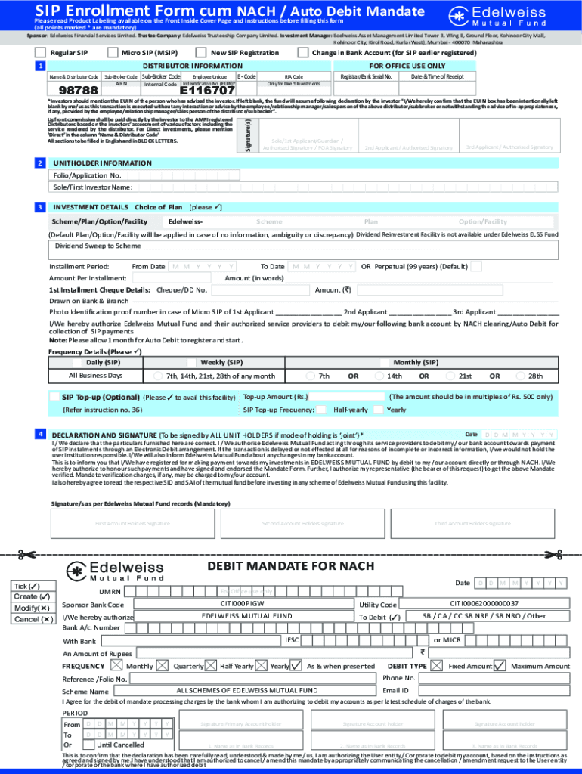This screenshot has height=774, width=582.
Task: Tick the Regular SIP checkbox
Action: click(40, 53)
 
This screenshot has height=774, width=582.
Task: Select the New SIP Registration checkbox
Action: click(201, 53)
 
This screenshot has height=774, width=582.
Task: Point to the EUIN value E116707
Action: click(207, 91)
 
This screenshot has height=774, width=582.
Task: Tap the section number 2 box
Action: click(39, 163)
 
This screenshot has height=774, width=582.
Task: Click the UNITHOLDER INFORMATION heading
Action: click(102, 163)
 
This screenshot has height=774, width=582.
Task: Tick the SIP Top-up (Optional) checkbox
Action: click(54, 397)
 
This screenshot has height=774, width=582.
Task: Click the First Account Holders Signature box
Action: click(132, 523)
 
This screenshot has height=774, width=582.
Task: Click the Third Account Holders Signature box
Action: click(472, 523)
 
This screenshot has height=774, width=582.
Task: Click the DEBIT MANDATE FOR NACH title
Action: click(291, 567)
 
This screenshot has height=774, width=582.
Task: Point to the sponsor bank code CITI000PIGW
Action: click(242, 604)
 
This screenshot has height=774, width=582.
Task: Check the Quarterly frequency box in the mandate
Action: click(163, 665)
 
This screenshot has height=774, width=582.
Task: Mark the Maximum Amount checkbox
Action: click(499, 665)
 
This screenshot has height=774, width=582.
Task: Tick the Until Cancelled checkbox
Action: click(88, 745)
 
